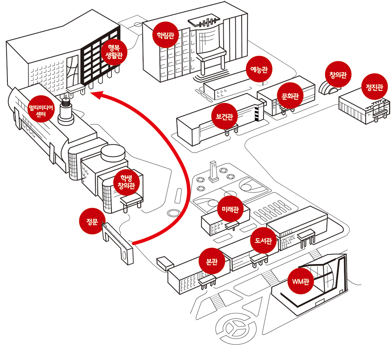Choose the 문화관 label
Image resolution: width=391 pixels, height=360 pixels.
(x=290, y=95)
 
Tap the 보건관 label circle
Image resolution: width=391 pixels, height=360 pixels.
(x=225, y=116)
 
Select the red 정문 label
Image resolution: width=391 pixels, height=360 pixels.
(x=92, y=221)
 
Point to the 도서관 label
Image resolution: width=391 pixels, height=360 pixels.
(x=263, y=239)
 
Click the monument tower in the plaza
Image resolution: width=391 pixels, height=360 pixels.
(x=213, y=171)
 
